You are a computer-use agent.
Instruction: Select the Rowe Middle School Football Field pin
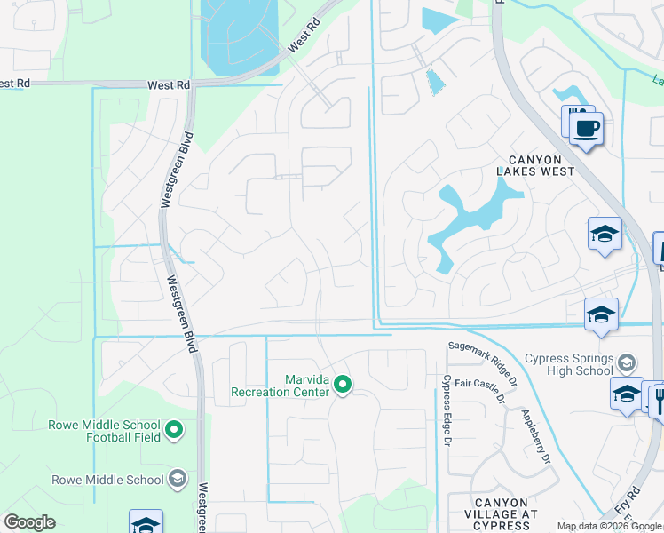[174, 431]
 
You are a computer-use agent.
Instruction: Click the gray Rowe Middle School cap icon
[178, 480]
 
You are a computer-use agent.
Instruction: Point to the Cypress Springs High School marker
[627, 363]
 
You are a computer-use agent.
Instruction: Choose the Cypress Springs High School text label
[568, 364]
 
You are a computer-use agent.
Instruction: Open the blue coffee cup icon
[586, 129]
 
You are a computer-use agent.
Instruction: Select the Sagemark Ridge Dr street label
[483, 356]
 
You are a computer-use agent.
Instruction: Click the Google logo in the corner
[30, 521]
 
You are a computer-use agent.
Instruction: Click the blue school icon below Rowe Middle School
[146, 522]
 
